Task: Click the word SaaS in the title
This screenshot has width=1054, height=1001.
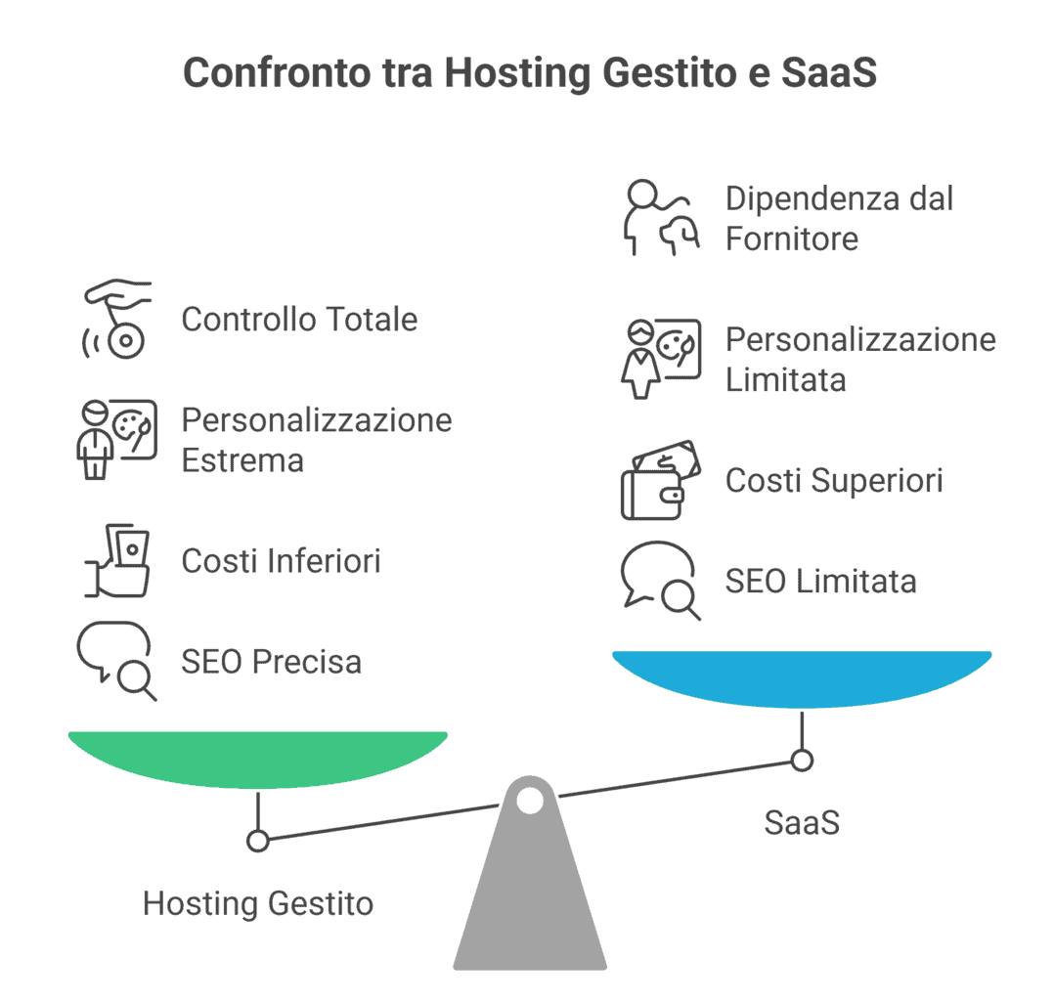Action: [x=828, y=72]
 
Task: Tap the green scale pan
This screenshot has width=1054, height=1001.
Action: [x=258, y=760]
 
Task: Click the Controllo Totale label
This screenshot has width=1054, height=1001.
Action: [x=299, y=320]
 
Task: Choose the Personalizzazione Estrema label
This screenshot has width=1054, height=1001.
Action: [x=317, y=440]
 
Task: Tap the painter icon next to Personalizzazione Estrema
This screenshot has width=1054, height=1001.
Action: [x=117, y=439]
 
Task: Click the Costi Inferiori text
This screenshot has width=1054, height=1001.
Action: [x=281, y=561]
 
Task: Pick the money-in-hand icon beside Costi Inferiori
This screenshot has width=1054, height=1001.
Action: [x=117, y=561]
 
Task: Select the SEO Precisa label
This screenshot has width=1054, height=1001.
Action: [x=271, y=662]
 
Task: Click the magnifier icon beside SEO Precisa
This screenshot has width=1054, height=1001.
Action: [x=117, y=661]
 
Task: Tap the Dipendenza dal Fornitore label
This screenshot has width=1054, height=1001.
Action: [x=839, y=219]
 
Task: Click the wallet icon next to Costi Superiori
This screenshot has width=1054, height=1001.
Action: [x=661, y=480]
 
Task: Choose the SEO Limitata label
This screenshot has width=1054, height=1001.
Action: [x=820, y=582]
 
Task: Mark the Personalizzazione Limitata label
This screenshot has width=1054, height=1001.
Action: [x=860, y=360]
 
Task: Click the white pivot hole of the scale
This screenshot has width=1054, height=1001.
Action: [x=530, y=801]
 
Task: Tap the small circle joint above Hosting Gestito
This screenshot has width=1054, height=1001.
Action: [x=258, y=841]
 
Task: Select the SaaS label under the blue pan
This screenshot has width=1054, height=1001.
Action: [x=802, y=823]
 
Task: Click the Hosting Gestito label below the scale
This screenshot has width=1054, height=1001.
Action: [x=258, y=903]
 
